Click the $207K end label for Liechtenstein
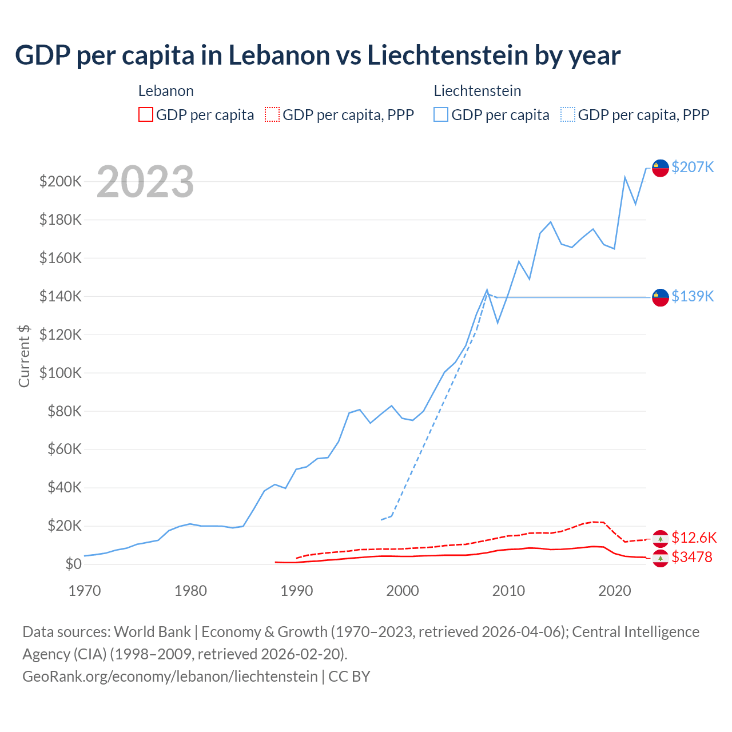click(693, 167)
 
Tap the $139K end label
click(693, 296)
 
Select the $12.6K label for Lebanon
click(694, 538)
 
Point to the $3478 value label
click(692, 557)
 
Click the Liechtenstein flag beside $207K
click(661, 168)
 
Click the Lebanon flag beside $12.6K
click(661, 539)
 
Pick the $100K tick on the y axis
click(61, 373)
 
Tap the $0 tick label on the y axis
click(73, 564)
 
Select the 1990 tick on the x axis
click(296, 591)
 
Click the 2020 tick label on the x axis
click(614, 591)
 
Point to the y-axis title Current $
click(24, 356)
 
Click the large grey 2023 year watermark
click(145, 182)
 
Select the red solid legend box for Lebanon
click(146, 114)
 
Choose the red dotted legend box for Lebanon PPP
click(272, 114)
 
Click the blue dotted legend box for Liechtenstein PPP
click(568, 114)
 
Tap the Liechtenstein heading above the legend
click(478, 91)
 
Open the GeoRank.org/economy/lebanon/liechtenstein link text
click(170, 676)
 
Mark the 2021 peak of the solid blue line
click(624, 177)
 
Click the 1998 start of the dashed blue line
click(381, 520)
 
